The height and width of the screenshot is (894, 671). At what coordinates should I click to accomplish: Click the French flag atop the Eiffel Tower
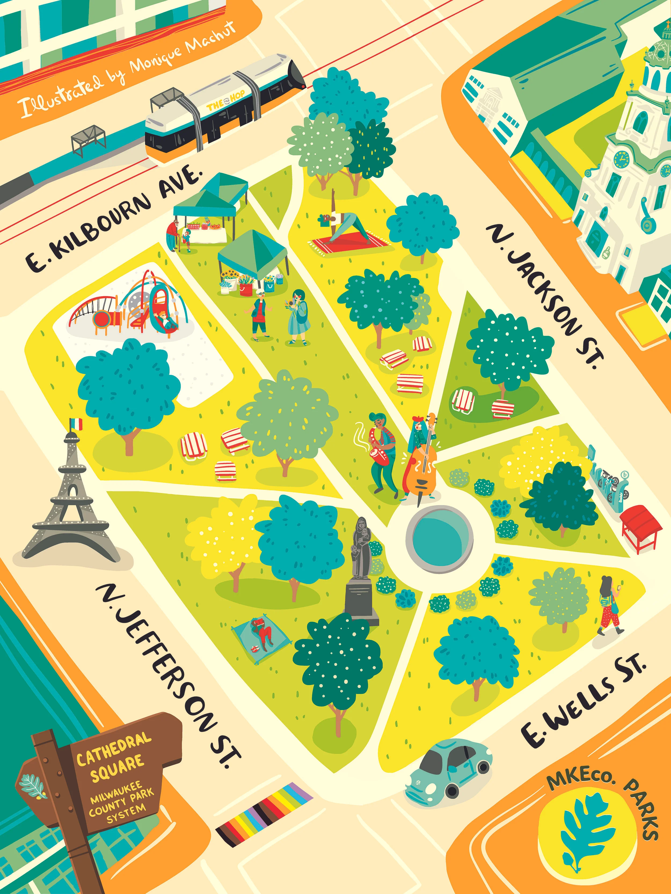point(76,424)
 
